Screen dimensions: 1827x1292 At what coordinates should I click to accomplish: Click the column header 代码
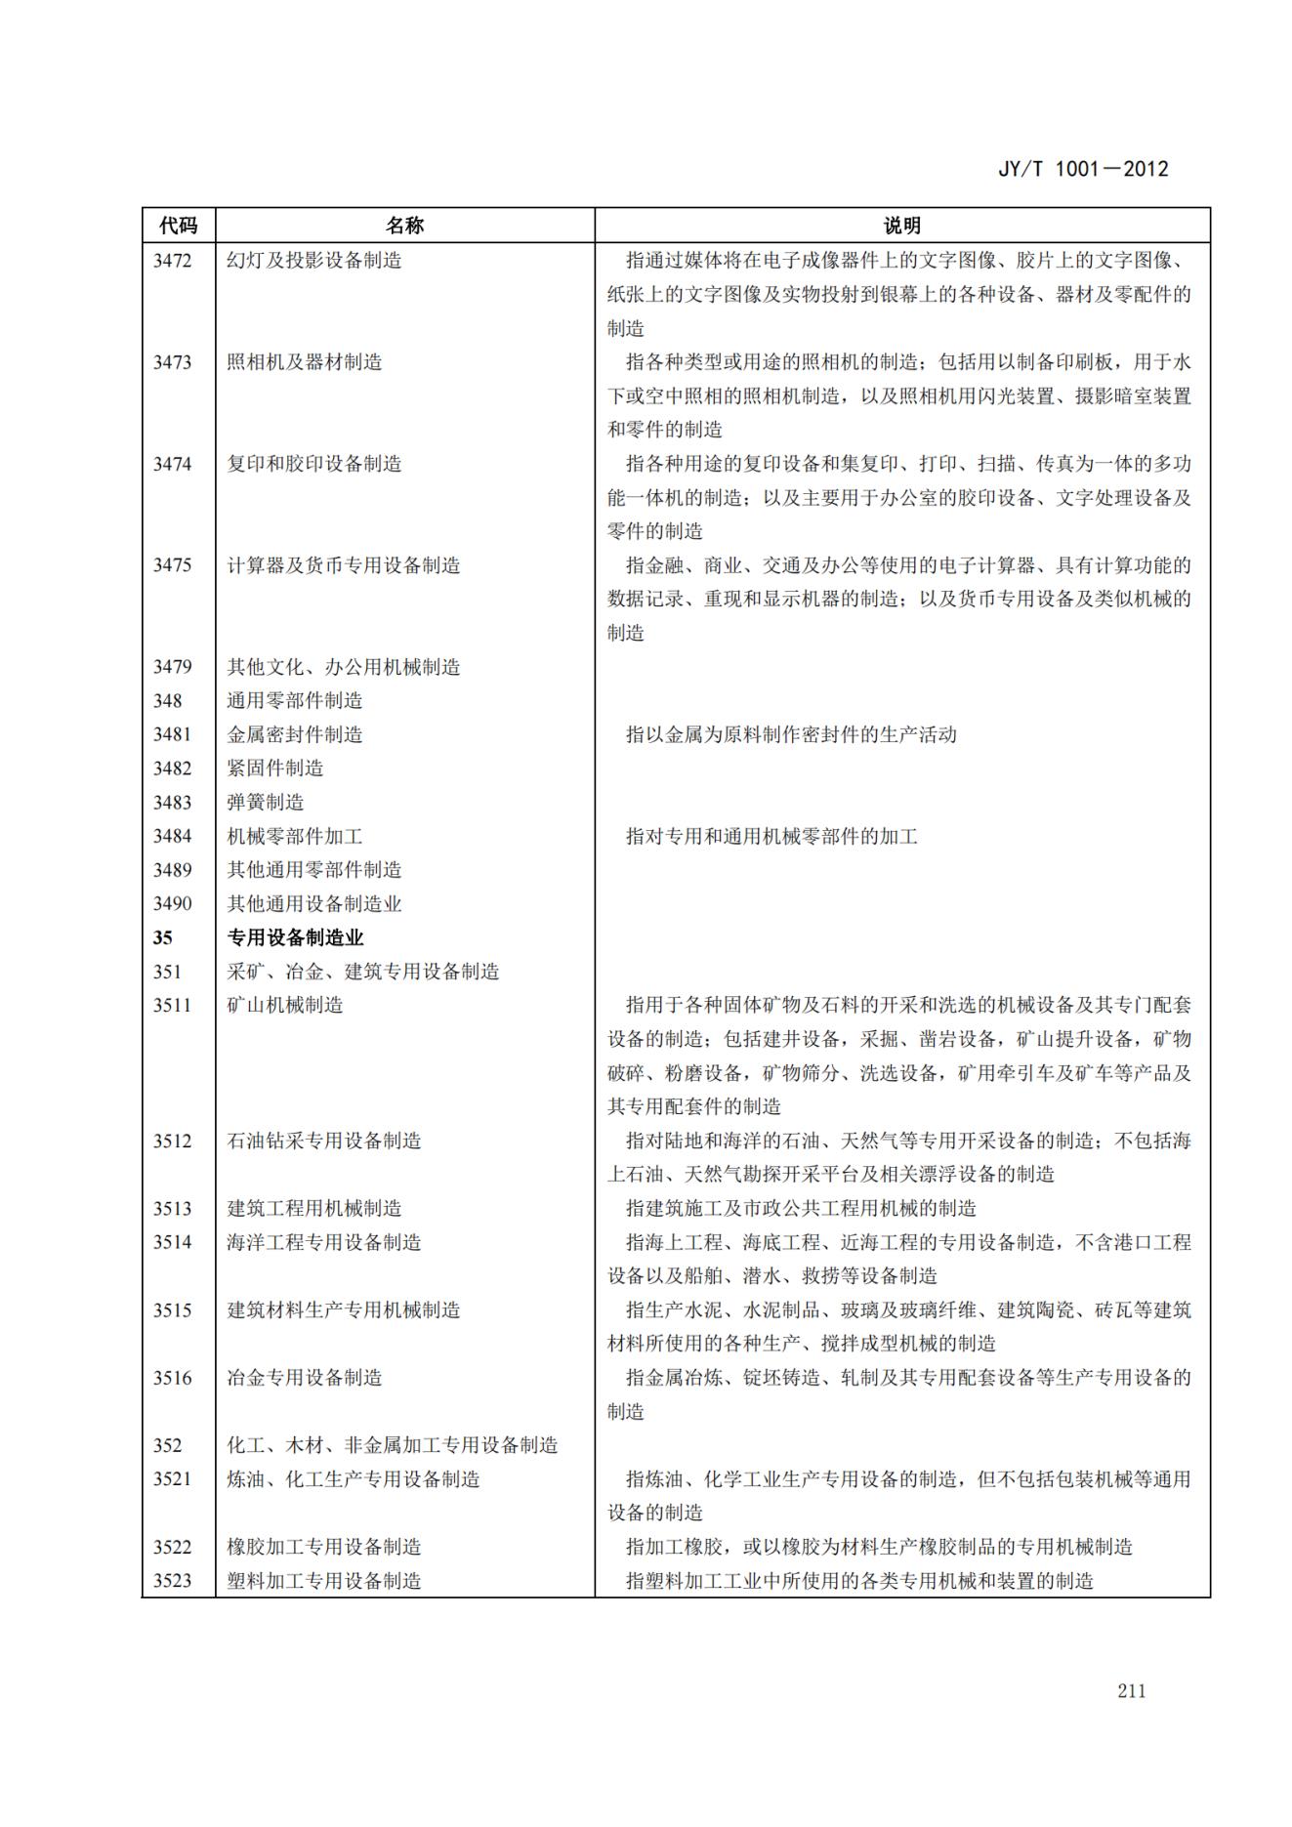tap(178, 226)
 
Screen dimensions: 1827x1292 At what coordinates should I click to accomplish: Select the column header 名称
tap(404, 226)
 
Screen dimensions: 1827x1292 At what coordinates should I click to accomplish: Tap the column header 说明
tap(901, 226)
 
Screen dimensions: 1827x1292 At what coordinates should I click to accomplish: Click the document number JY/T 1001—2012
tap(1082, 169)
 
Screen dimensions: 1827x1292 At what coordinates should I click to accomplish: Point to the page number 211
tap(1131, 1690)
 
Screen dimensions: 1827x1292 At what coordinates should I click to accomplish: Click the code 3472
tap(172, 261)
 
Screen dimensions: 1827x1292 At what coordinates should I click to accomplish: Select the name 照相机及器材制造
tap(304, 362)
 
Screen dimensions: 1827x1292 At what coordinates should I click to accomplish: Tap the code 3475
tap(172, 565)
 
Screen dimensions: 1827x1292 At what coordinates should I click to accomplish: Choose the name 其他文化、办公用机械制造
tap(343, 667)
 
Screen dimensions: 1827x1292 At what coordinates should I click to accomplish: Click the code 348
tap(167, 701)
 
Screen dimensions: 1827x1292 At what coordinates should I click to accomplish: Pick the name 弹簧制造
tap(265, 803)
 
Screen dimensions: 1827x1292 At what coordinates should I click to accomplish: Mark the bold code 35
tap(162, 938)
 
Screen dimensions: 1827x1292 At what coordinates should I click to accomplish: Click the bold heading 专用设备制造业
tap(295, 938)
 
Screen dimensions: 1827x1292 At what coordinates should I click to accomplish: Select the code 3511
tap(172, 1006)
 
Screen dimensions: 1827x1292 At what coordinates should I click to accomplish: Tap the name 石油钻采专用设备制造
tap(323, 1141)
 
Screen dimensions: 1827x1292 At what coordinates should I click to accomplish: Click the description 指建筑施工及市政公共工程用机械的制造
tap(800, 1209)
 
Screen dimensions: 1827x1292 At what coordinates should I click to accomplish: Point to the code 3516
tap(172, 1378)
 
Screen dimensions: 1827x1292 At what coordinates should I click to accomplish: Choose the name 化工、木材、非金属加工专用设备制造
tap(392, 1445)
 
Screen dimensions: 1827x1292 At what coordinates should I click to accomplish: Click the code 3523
tap(172, 1581)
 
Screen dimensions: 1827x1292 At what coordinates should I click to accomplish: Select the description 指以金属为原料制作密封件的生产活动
tap(790, 734)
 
